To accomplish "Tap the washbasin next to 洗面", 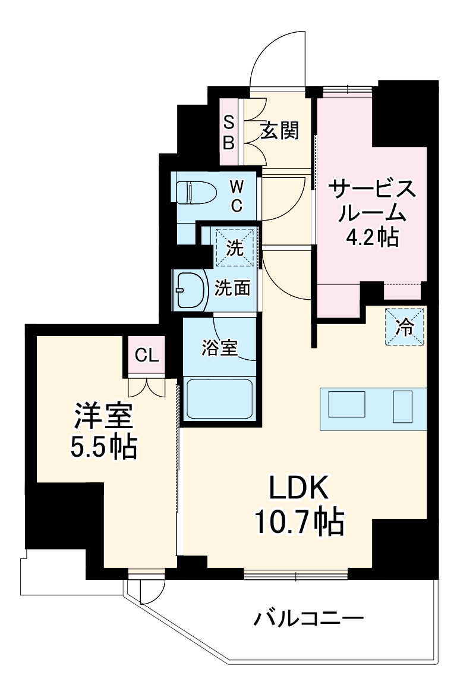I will click(189, 290).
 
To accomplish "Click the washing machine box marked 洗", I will click(235, 246).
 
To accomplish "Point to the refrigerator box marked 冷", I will click(404, 327).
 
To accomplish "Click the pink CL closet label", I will click(146, 356).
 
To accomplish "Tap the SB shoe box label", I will click(229, 132).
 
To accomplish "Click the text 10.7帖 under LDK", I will click(299, 522).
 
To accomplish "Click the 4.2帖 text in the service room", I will click(373, 237).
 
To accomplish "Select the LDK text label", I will click(298, 488).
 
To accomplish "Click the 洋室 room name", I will click(102, 416).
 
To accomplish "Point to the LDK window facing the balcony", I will click(295, 574).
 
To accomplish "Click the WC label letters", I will click(237, 196).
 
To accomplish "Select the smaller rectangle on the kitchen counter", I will click(402, 407).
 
